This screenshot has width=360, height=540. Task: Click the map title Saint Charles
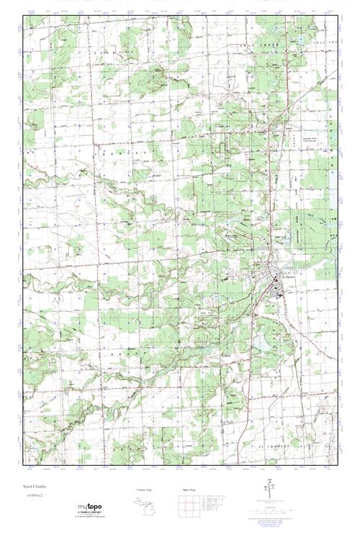point(35,487)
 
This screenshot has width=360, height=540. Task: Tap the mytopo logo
point(89,507)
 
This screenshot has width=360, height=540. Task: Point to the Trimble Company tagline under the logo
point(89,513)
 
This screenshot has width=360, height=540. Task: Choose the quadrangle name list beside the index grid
point(214,503)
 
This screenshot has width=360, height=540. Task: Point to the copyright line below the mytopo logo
point(89,518)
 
